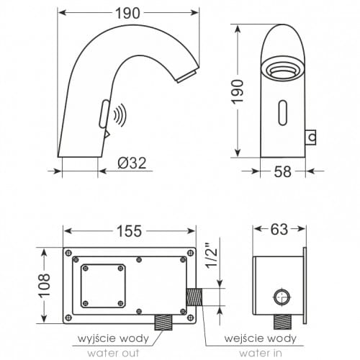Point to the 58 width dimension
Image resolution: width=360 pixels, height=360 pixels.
(282, 171)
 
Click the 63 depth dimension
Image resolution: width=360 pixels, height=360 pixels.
(279, 230)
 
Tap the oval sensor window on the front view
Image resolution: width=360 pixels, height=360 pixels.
(282, 112)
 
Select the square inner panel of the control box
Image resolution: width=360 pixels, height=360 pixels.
(102, 285)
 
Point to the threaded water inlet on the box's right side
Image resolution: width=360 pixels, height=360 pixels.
(195, 295)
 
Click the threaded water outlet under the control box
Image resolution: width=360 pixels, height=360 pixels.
(165, 321)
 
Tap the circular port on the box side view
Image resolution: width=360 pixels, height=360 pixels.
(282, 294)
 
